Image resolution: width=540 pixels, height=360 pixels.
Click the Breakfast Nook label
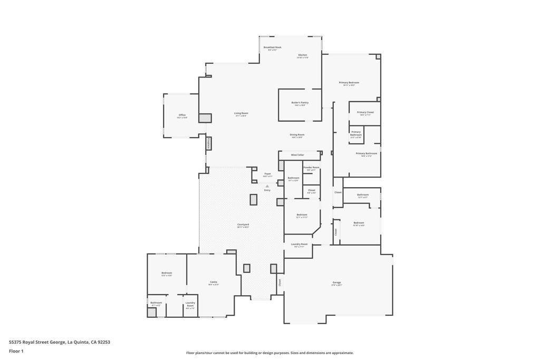[x=272, y=47]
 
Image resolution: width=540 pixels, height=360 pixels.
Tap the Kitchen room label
[x=302, y=55]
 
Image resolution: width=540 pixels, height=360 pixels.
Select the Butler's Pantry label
[x=300, y=103]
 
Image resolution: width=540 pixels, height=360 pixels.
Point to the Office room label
[x=182, y=115]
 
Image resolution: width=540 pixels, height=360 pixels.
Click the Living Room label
[x=241, y=113]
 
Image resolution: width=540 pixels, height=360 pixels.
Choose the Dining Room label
[x=297, y=135]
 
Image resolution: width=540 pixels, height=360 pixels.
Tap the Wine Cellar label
[x=297, y=155]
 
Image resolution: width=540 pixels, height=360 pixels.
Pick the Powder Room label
[x=311, y=168]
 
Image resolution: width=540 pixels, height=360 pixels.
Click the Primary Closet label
[x=365, y=112]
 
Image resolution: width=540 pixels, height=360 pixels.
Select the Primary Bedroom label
[x=349, y=83]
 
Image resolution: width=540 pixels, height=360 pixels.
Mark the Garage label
[x=336, y=283]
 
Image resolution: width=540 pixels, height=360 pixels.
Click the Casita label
[x=214, y=282]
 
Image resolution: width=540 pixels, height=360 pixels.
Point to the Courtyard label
[x=243, y=225]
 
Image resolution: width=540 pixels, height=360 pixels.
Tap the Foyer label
[x=267, y=173]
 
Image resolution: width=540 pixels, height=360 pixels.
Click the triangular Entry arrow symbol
[x=267, y=186]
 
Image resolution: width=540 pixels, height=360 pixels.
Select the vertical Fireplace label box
[x=208, y=143]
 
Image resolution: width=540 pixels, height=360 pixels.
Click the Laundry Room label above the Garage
[x=299, y=244]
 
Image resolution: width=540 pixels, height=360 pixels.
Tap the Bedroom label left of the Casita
[x=167, y=273]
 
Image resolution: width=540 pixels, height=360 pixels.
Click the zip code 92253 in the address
[x=104, y=342]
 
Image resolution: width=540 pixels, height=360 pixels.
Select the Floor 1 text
[x=16, y=351]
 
